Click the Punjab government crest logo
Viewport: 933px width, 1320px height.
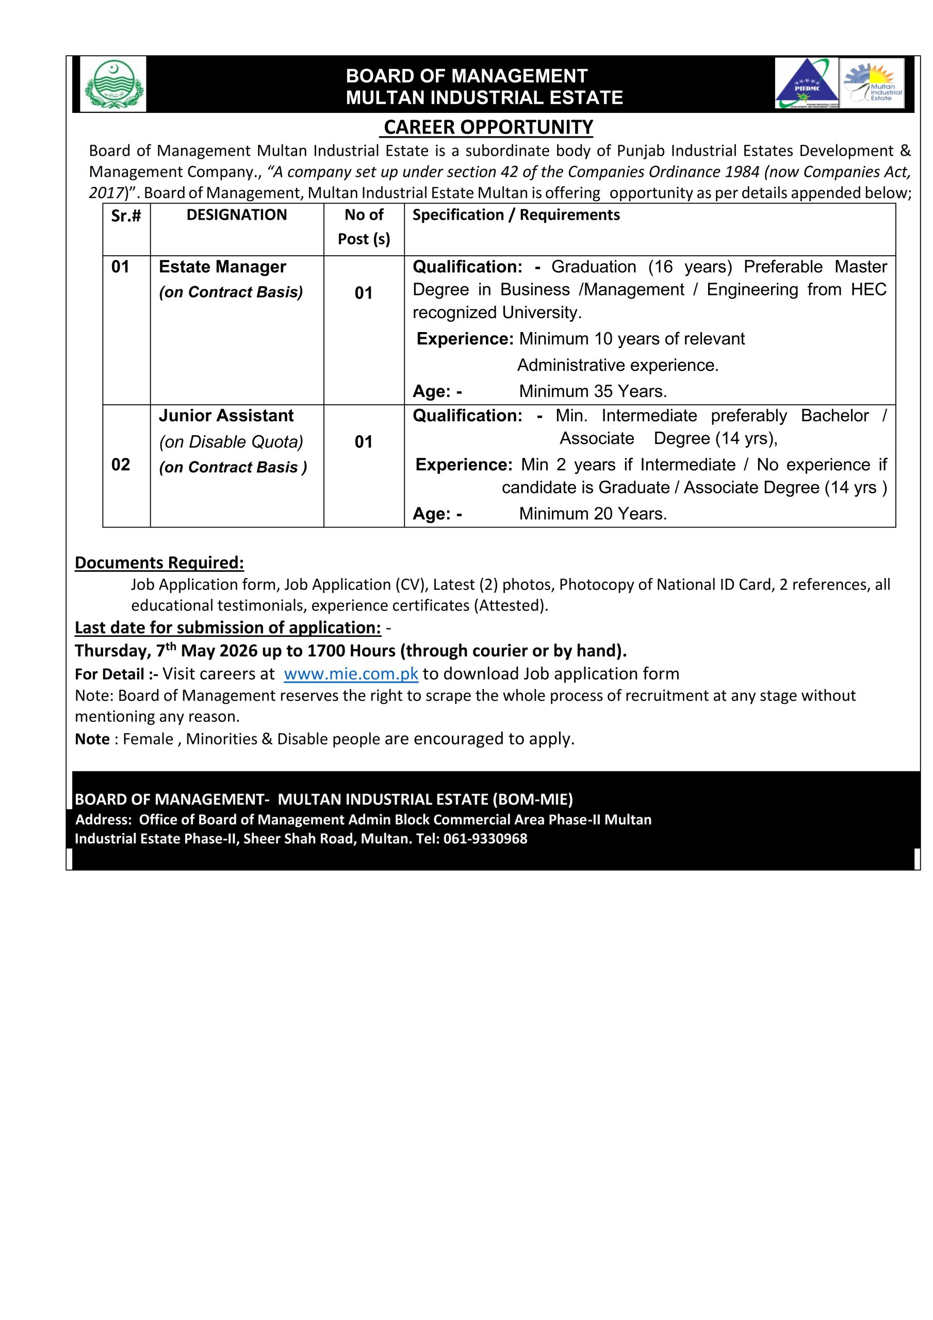point(113,85)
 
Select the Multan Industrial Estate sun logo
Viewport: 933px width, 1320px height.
point(872,84)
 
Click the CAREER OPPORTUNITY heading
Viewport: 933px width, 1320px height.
point(488,127)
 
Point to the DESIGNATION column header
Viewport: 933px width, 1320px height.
point(236,215)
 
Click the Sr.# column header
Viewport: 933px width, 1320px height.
point(126,216)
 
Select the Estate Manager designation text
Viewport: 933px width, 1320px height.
point(222,267)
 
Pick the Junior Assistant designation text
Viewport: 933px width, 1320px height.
point(226,416)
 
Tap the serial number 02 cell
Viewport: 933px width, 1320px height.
point(120,465)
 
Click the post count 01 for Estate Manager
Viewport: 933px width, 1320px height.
point(364,293)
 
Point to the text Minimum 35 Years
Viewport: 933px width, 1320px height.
point(593,391)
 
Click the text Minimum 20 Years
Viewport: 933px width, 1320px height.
point(593,514)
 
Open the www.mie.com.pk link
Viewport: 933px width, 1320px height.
point(351,674)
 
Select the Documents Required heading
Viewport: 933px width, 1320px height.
point(159,563)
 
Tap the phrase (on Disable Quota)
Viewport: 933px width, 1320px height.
point(231,442)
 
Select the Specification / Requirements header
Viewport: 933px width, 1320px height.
point(516,215)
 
